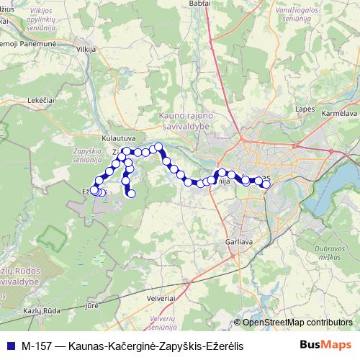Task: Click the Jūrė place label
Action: (91, 306)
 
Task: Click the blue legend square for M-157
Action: (9, 346)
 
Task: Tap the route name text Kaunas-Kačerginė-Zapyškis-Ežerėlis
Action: (155, 346)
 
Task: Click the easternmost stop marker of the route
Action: (266, 185)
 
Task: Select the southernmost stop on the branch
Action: (131, 194)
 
